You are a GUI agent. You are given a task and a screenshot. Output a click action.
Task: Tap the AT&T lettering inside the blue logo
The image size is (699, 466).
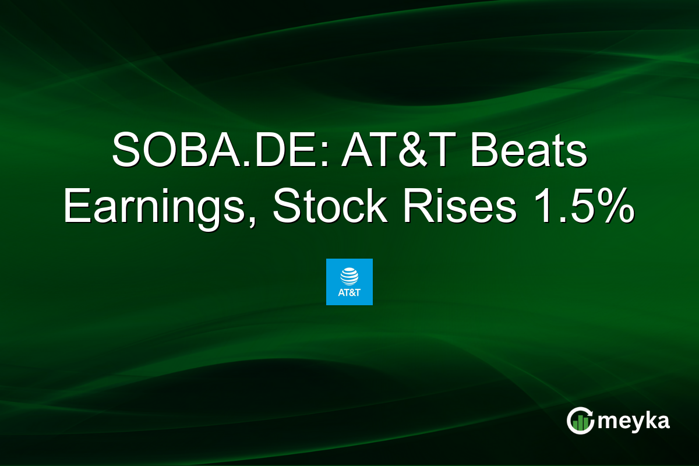point(349,292)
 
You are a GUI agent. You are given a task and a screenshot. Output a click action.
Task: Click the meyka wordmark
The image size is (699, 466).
point(636,421)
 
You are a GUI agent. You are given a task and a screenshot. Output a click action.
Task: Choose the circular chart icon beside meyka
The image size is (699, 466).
point(580,421)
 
